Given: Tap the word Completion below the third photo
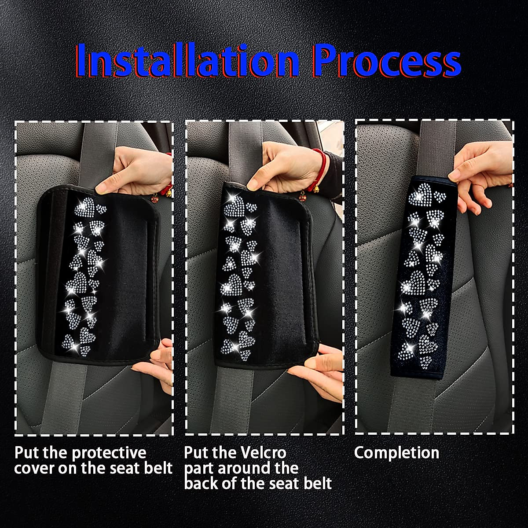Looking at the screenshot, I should pyautogui.click(x=396, y=453).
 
